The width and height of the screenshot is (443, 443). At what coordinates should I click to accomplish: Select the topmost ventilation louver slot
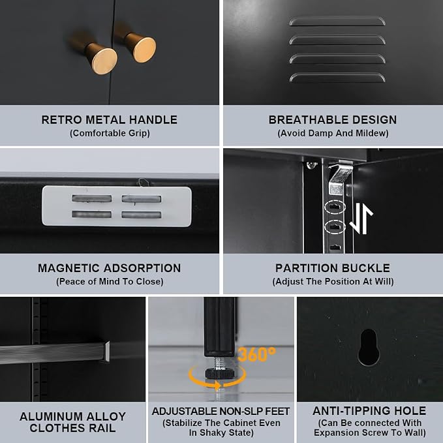337,22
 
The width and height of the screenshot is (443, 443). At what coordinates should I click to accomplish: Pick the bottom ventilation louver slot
337,78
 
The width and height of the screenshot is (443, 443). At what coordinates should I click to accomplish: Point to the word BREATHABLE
308,120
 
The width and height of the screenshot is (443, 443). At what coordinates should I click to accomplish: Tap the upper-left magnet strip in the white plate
92,198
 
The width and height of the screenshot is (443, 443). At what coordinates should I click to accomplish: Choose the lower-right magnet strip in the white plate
142,215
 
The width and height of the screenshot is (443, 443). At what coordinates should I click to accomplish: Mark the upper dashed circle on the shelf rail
335,207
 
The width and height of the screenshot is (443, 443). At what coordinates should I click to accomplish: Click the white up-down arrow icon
361,219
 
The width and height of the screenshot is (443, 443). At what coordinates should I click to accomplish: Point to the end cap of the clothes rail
107,351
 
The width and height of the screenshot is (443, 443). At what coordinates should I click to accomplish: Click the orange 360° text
256,354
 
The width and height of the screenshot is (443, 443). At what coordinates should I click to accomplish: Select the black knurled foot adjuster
220,373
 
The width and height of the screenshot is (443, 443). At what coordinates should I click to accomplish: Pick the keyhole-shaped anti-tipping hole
369,347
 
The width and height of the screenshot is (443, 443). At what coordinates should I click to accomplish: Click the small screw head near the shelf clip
311,164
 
